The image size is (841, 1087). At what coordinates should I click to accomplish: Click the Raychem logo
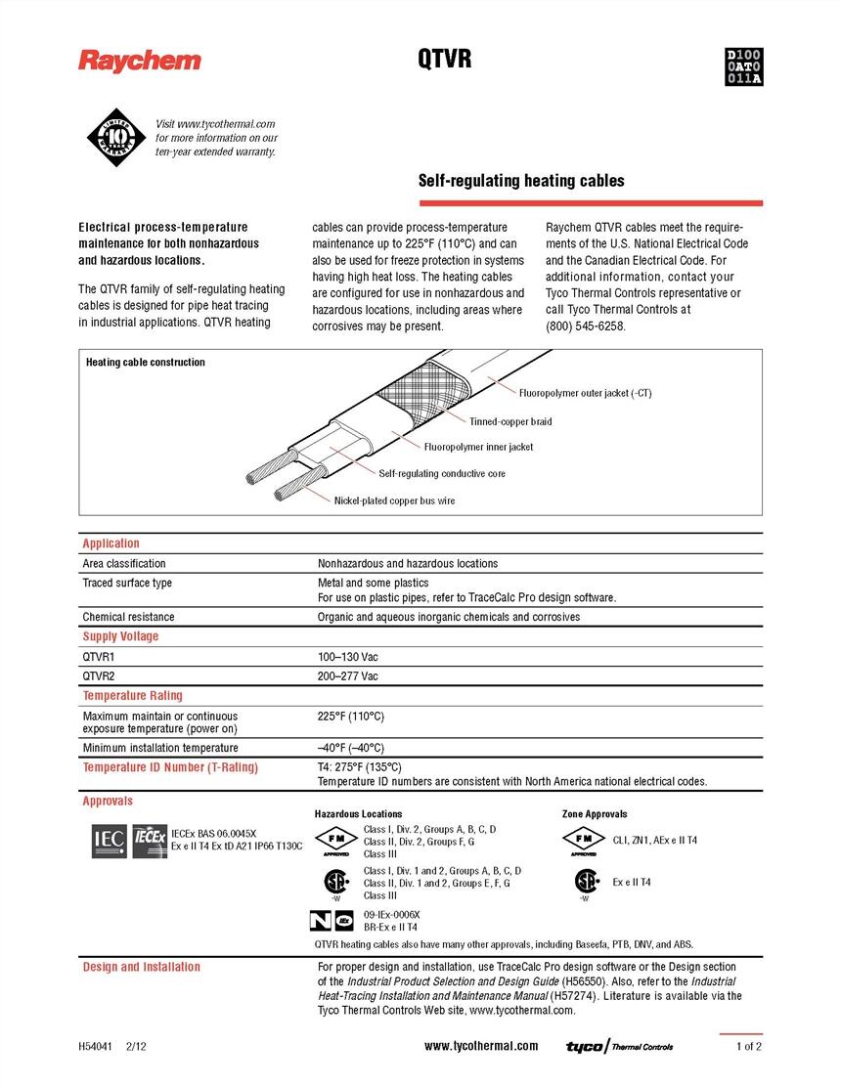tap(140, 62)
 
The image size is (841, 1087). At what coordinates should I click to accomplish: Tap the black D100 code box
tap(743, 66)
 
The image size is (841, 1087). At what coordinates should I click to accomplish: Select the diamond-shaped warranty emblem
tap(113, 138)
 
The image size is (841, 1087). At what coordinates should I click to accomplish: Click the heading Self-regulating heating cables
tap(521, 181)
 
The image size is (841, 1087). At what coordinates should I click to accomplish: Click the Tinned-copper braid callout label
tap(510, 422)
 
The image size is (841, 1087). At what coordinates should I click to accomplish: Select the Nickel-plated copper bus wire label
tap(394, 500)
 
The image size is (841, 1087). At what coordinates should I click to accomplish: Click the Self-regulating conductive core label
tap(442, 474)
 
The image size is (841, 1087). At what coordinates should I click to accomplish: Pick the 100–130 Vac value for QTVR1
tap(347, 658)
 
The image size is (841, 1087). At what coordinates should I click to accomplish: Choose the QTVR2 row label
tap(99, 676)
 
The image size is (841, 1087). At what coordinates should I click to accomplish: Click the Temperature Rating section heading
tap(132, 696)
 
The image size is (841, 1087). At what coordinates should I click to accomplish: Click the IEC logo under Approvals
tap(108, 839)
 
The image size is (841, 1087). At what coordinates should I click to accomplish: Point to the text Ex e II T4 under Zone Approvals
tap(632, 882)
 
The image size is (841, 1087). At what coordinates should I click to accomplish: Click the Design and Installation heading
tap(141, 968)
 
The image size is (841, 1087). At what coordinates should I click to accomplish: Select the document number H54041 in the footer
tap(96, 1046)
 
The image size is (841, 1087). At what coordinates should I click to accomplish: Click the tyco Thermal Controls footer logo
tap(620, 1047)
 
